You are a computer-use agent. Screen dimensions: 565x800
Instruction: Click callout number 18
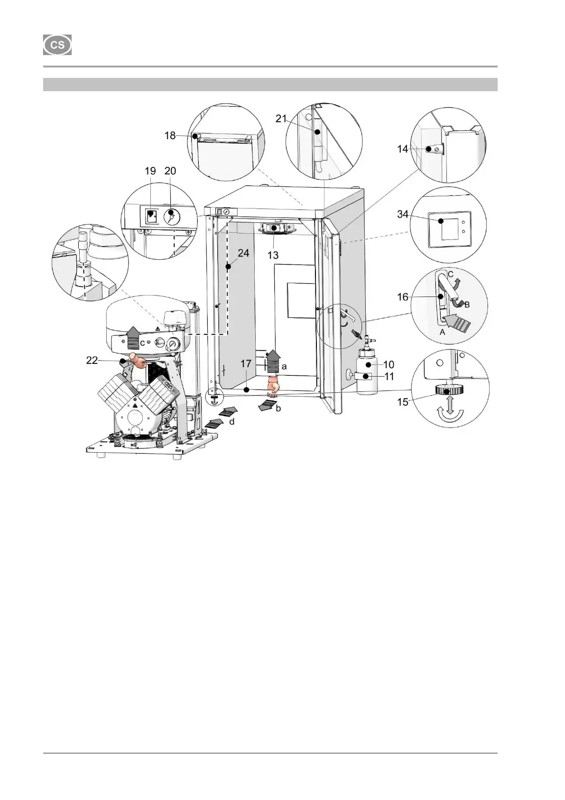(170, 135)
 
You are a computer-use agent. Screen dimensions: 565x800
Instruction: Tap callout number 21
(281, 118)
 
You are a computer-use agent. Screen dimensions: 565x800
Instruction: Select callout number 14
(402, 149)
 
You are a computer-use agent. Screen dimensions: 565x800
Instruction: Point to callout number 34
(403, 215)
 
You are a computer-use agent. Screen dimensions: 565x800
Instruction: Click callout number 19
(150, 171)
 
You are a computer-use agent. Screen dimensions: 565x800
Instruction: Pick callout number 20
(170, 171)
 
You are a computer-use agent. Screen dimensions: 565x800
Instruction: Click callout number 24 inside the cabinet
(243, 253)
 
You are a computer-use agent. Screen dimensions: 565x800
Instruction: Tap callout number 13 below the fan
(273, 255)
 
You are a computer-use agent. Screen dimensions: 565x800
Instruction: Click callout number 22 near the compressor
(92, 361)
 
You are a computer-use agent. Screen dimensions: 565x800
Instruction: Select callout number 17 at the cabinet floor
(245, 364)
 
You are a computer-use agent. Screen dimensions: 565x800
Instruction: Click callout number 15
(402, 402)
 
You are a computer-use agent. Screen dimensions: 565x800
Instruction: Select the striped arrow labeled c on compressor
(133, 339)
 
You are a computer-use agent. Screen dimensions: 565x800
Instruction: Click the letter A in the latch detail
(443, 333)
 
